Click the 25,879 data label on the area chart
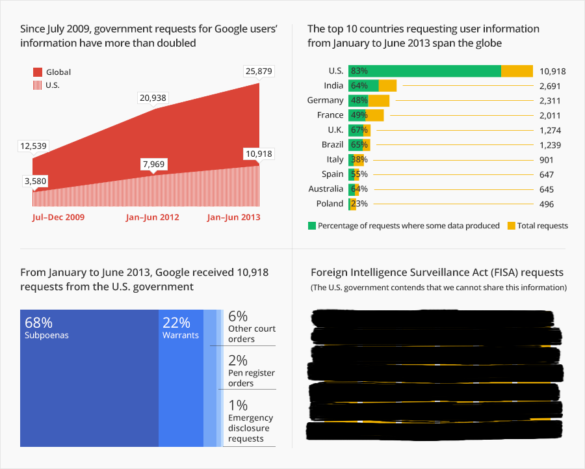259,70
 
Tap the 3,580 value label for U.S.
35,181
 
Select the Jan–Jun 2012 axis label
152,217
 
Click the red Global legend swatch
37,72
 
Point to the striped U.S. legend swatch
37,85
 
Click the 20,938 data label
153,98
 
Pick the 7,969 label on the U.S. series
153,165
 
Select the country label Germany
325,100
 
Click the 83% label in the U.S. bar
359,71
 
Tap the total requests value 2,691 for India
550,86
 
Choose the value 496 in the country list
546,204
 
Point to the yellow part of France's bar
376,115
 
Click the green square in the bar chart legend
311,226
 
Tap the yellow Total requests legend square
511,226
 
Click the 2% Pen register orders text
251,371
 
